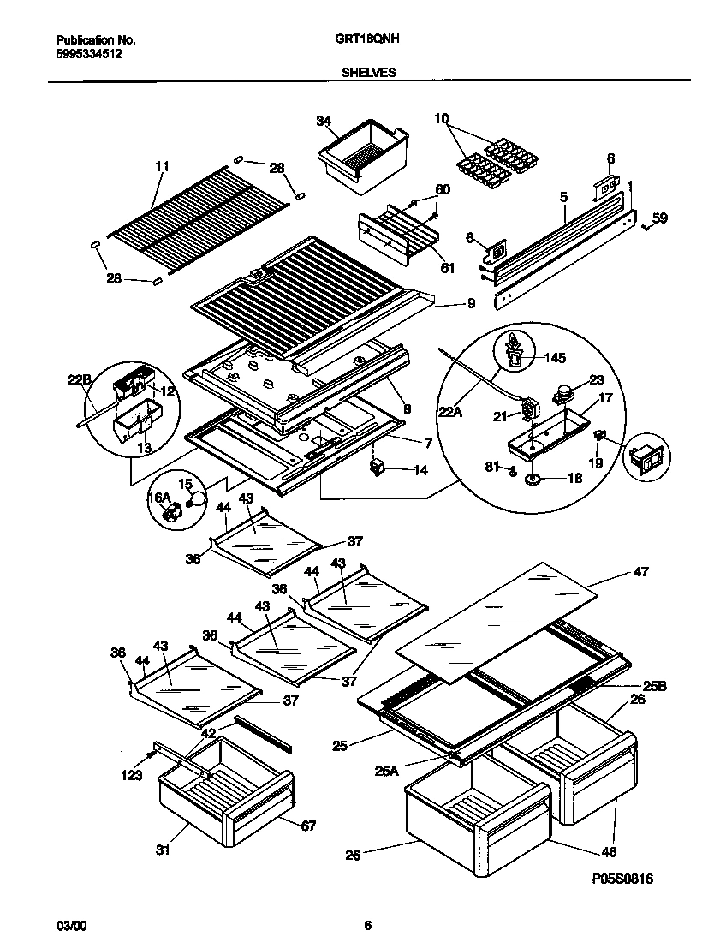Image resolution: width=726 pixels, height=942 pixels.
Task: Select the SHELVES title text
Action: click(368, 73)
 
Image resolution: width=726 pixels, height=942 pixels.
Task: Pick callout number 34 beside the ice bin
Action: click(323, 122)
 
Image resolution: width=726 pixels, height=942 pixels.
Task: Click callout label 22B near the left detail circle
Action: click(80, 379)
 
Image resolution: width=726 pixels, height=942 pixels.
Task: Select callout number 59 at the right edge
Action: click(658, 218)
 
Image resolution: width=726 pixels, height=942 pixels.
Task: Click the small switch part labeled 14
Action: click(378, 468)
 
